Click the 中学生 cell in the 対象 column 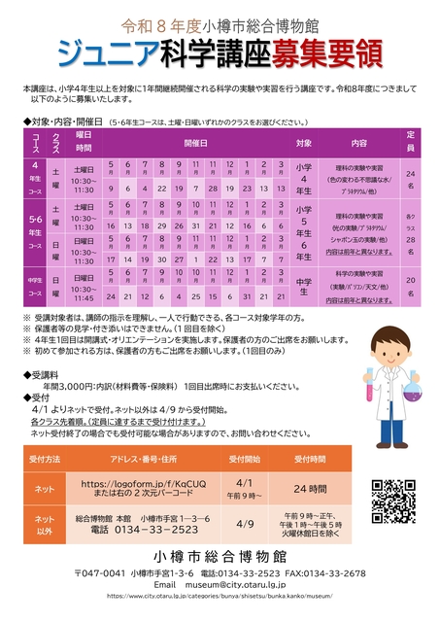[304, 286]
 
